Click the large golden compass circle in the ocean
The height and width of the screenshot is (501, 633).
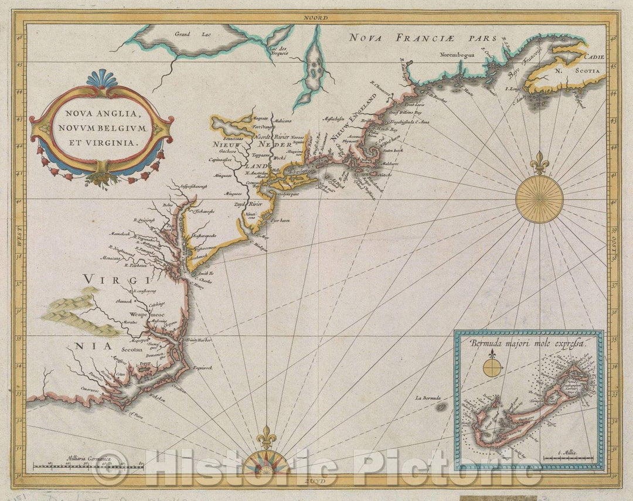click(x=539, y=199)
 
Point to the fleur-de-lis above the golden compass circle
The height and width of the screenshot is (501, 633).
click(x=539, y=162)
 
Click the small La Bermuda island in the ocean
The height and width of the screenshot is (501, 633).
click(x=441, y=406)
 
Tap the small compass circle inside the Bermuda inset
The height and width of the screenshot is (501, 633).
click(x=493, y=368)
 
